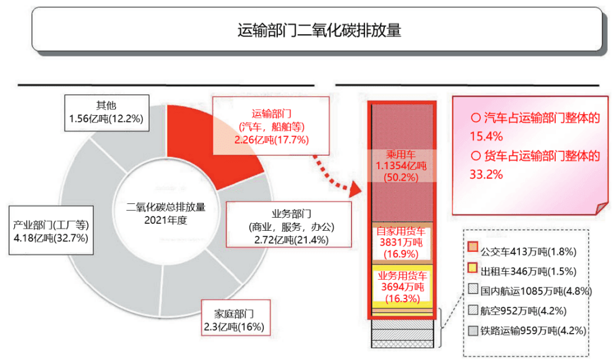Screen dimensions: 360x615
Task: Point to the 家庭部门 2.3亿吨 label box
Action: (233, 320)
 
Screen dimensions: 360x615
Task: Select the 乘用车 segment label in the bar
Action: (401, 165)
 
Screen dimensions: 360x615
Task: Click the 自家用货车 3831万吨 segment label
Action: (401, 242)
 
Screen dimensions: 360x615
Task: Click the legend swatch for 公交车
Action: (473, 247)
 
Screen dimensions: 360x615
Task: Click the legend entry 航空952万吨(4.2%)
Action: (522, 310)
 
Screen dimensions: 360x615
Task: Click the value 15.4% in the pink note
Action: (486, 137)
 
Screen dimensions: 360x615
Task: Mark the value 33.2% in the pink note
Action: (486, 174)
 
